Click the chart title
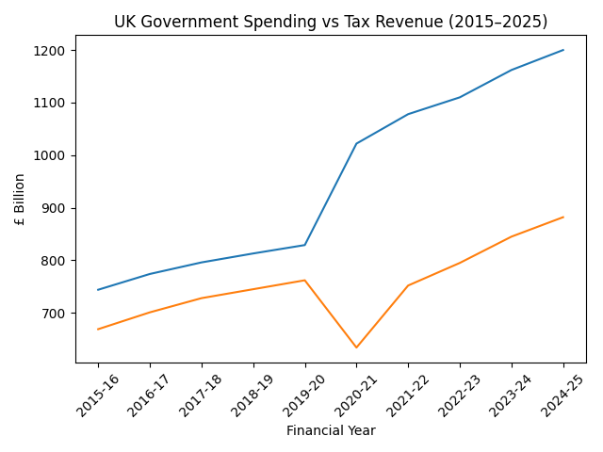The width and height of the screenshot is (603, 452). (x=331, y=22)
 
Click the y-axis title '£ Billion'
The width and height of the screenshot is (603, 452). (x=20, y=199)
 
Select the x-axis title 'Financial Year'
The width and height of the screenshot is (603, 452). (x=331, y=431)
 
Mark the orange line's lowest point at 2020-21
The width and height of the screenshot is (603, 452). (x=356, y=347)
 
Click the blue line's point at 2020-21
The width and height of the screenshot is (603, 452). (x=356, y=144)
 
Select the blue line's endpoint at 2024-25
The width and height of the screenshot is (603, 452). (x=563, y=50)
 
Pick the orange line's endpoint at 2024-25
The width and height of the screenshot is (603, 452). (x=563, y=218)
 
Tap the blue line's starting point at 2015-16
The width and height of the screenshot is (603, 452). (x=98, y=290)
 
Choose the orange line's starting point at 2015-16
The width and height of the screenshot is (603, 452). (x=98, y=330)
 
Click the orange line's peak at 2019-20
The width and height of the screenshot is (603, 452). (x=304, y=280)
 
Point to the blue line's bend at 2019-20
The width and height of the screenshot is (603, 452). (x=304, y=245)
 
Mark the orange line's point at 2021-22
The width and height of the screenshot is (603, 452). (x=408, y=285)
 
